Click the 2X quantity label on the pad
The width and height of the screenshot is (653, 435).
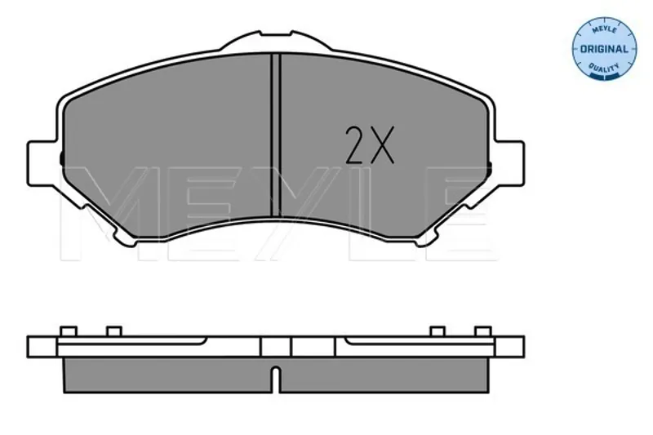click(370, 144)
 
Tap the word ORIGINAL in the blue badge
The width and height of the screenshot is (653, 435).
click(604, 49)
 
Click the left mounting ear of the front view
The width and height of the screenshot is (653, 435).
click(42, 163)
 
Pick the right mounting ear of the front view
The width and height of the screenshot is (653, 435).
click(508, 163)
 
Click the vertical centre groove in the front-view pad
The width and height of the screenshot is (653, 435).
click(275, 135)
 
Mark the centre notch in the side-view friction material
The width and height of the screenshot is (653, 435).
click(275, 379)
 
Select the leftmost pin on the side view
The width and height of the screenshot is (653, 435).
click(69, 331)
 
